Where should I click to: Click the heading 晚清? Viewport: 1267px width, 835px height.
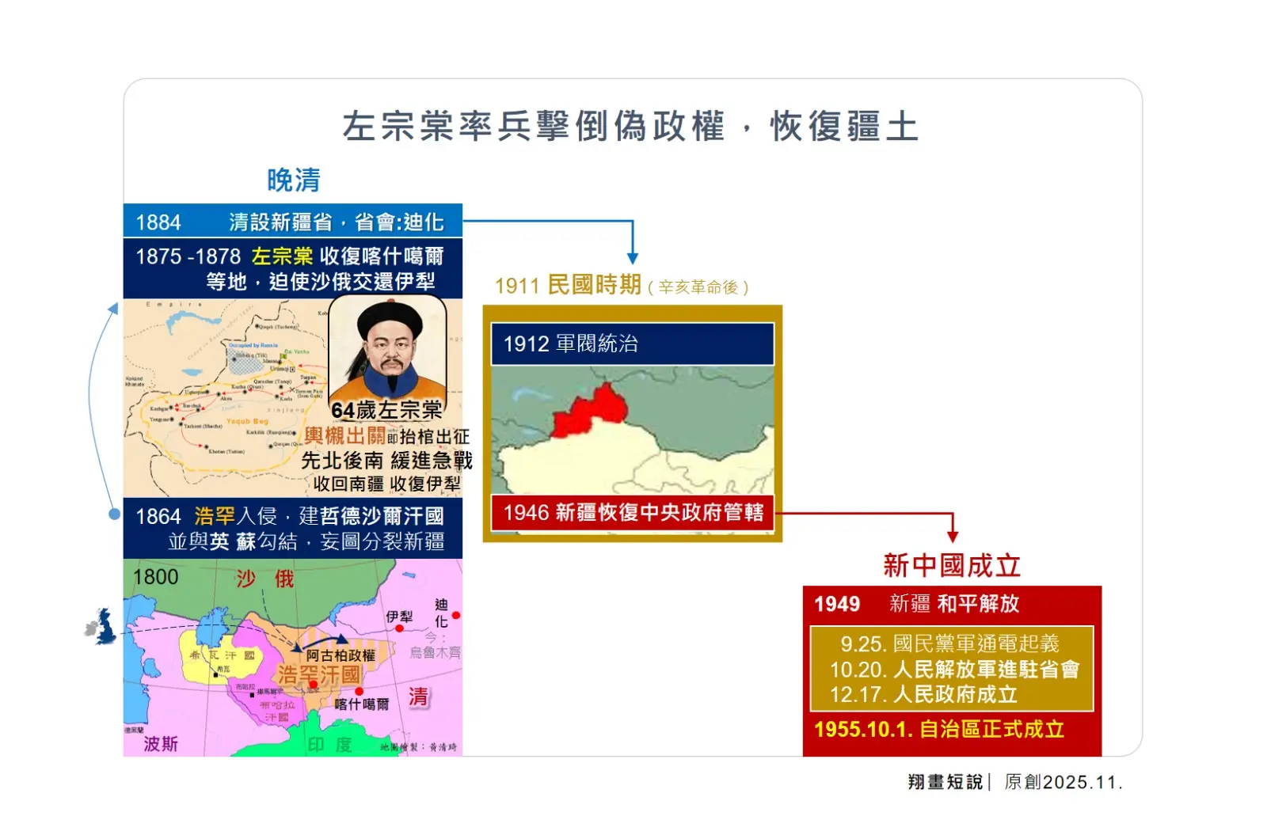click(x=293, y=180)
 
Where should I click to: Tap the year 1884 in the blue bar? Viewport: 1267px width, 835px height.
click(x=158, y=222)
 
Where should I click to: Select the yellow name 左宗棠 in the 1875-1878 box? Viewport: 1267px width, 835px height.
click(x=282, y=256)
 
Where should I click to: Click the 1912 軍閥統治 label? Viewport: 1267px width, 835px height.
click(x=571, y=343)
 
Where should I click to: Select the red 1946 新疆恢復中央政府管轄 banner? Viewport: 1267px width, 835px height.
click(x=633, y=513)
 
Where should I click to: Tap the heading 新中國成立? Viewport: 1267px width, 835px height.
click(x=951, y=566)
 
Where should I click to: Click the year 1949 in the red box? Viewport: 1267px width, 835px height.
click(x=837, y=604)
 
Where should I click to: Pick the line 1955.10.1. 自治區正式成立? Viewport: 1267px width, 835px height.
click(x=939, y=729)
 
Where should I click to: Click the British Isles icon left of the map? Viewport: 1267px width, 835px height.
click(x=101, y=626)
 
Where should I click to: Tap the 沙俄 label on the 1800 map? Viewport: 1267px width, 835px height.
click(x=264, y=579)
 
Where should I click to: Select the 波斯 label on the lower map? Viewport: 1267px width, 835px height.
click(x=161, y=744)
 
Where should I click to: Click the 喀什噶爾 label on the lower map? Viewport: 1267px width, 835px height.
click(x=361, y=704)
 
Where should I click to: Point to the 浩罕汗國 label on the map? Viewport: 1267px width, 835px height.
click(x=319, y=674)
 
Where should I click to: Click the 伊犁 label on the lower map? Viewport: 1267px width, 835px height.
click(x=399, y=617)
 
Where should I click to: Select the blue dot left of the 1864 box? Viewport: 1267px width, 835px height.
click(x=115, y=514)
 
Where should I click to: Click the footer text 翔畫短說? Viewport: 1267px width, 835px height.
click(x=945, y=782)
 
